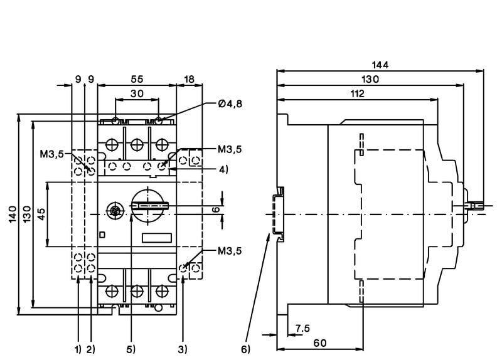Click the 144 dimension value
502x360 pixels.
tap(381, 65)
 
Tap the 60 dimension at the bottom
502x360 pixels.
tap(321, 342)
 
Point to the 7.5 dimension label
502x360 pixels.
tap(302, 328)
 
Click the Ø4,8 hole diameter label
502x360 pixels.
tap(230, 104)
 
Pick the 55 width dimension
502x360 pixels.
tap(137, 79)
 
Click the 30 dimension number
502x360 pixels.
tap(137, 93)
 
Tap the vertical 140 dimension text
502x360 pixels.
tap(12, 213)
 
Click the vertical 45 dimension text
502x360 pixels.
tap(40, 214)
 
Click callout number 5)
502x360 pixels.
tap(131, 349)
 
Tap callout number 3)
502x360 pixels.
tap(183, 349)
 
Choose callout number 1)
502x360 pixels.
tap(78, 349)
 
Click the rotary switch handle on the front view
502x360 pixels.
tap(148, 205)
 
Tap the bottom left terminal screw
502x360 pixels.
tap(113, 291)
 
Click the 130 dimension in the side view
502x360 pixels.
tap(370, 79)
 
